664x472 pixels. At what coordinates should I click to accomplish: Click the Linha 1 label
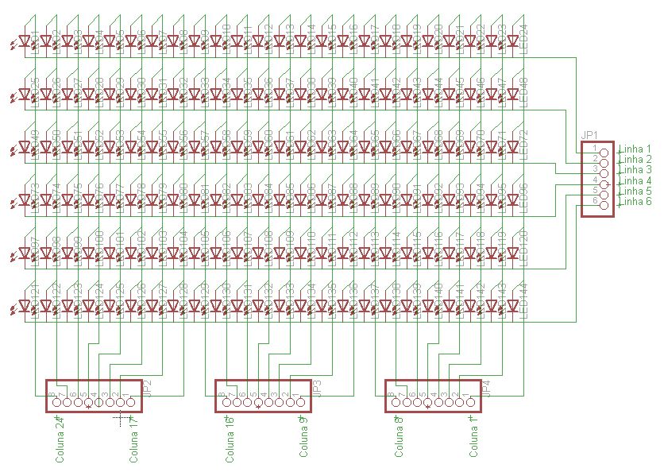pos(635,149)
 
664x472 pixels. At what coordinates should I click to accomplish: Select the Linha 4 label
pos(635,181)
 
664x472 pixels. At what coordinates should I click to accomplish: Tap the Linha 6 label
pos(635,202)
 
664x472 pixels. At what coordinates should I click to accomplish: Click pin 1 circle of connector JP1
pos(604,152)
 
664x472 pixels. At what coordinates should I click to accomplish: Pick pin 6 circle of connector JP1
pos(604,206)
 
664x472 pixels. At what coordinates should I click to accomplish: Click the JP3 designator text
pos(316,389)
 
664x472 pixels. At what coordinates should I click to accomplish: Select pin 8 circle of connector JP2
pos(57,403)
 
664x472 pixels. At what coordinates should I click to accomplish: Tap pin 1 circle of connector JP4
pos(470,403)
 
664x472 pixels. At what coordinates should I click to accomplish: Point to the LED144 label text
pos(523,300)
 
